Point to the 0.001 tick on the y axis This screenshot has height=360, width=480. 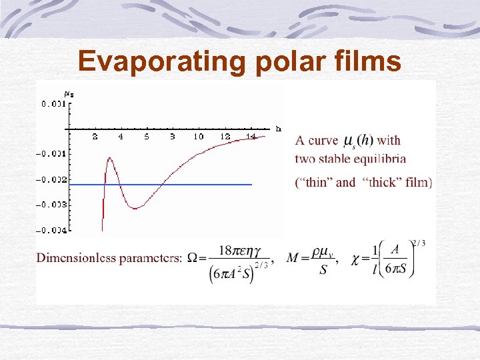coord(53,103)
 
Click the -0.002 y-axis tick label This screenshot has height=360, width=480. coord(52,179)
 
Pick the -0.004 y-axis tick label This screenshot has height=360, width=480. coord(52,230)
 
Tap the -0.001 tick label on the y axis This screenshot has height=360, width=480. coord(52,154)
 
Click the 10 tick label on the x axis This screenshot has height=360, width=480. coord(198,137)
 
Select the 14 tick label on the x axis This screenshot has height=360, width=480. coord(250,137)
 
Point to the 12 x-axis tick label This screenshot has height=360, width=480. coord(225,137)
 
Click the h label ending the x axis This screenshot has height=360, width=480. coord(278,128)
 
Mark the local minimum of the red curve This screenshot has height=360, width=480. coord(135,208)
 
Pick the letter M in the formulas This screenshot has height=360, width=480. coord(293,257)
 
